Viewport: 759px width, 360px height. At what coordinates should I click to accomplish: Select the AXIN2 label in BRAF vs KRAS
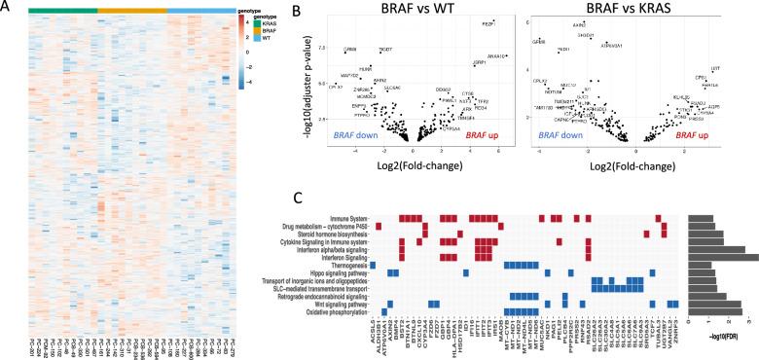tap(579, 24)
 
